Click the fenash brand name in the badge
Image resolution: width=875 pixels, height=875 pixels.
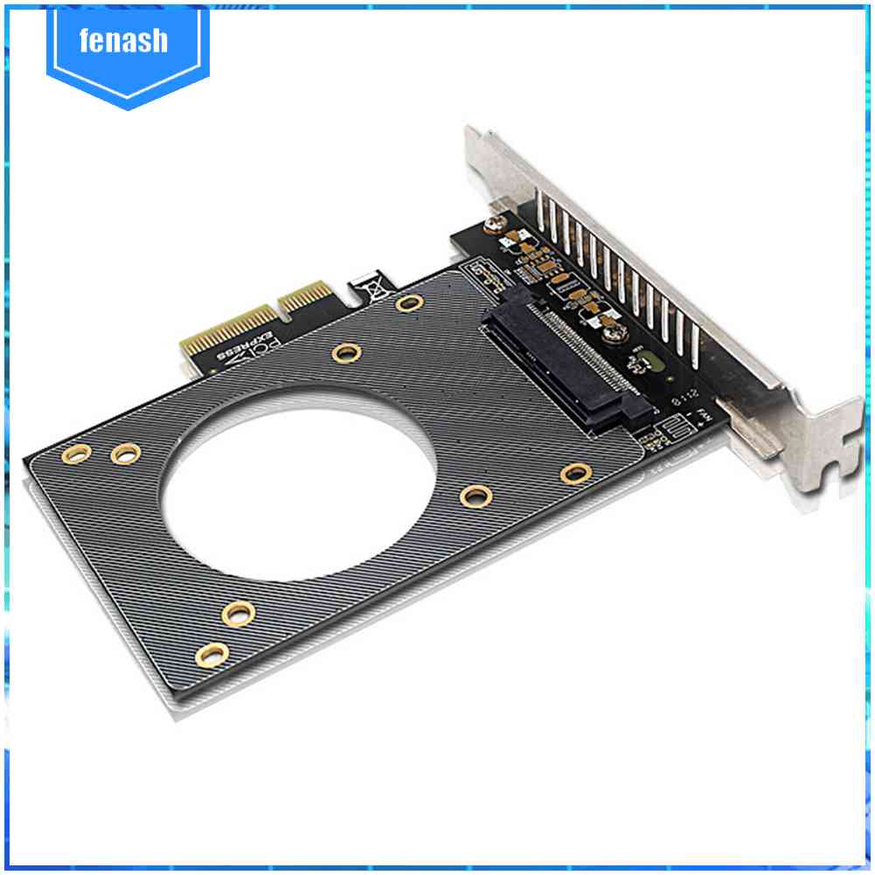pos(122,40)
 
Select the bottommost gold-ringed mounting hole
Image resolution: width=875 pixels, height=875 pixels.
pos(213,652)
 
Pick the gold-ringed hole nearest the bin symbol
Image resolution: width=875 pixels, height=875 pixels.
pos(408,303)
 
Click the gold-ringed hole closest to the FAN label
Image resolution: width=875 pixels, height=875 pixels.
pos(575,474)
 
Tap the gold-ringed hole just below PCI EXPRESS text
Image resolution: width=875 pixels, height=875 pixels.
pos(347,353)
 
